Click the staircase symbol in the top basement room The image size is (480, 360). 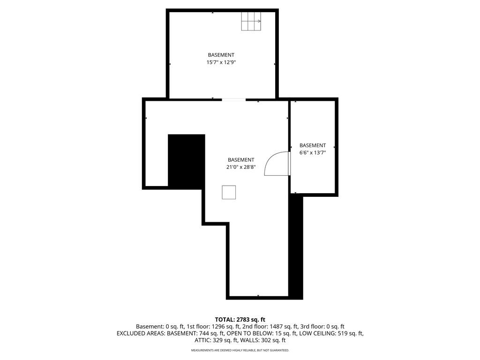click(x=251, y=21)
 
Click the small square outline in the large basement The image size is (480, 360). click(x=229, y=192)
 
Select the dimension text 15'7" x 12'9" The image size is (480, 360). click(x=221, y=62)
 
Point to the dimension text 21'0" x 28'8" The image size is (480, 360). click(x=241, y=167)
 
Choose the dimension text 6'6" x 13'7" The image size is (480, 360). click(x=313, y=153)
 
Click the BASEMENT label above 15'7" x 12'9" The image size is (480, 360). click(x=221, y=55)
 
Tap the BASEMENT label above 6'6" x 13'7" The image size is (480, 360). click(x=313, y=145)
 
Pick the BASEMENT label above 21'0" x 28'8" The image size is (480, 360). click(x=241, y=160)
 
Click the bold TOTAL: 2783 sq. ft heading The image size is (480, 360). click(x=240, y=320)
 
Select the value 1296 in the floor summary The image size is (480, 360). click(x=218, y=327)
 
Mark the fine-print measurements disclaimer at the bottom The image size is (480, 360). click(x=240, y=350)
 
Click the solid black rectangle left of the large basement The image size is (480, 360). click(x=187, y=161)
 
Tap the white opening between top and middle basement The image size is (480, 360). click(x=233, y=99)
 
